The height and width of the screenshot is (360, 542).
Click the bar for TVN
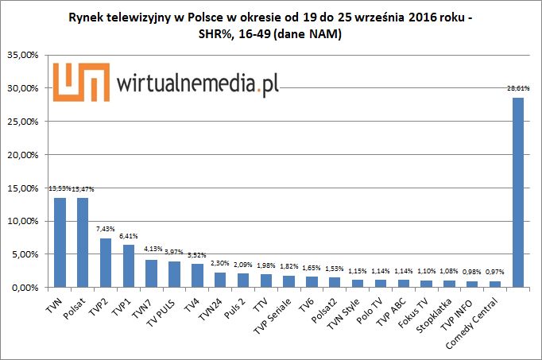coord(60,242)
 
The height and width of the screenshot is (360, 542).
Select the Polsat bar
coord(83,242)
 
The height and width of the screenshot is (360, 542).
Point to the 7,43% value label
coord(104,229)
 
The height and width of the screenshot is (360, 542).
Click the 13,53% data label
coord(59,188)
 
